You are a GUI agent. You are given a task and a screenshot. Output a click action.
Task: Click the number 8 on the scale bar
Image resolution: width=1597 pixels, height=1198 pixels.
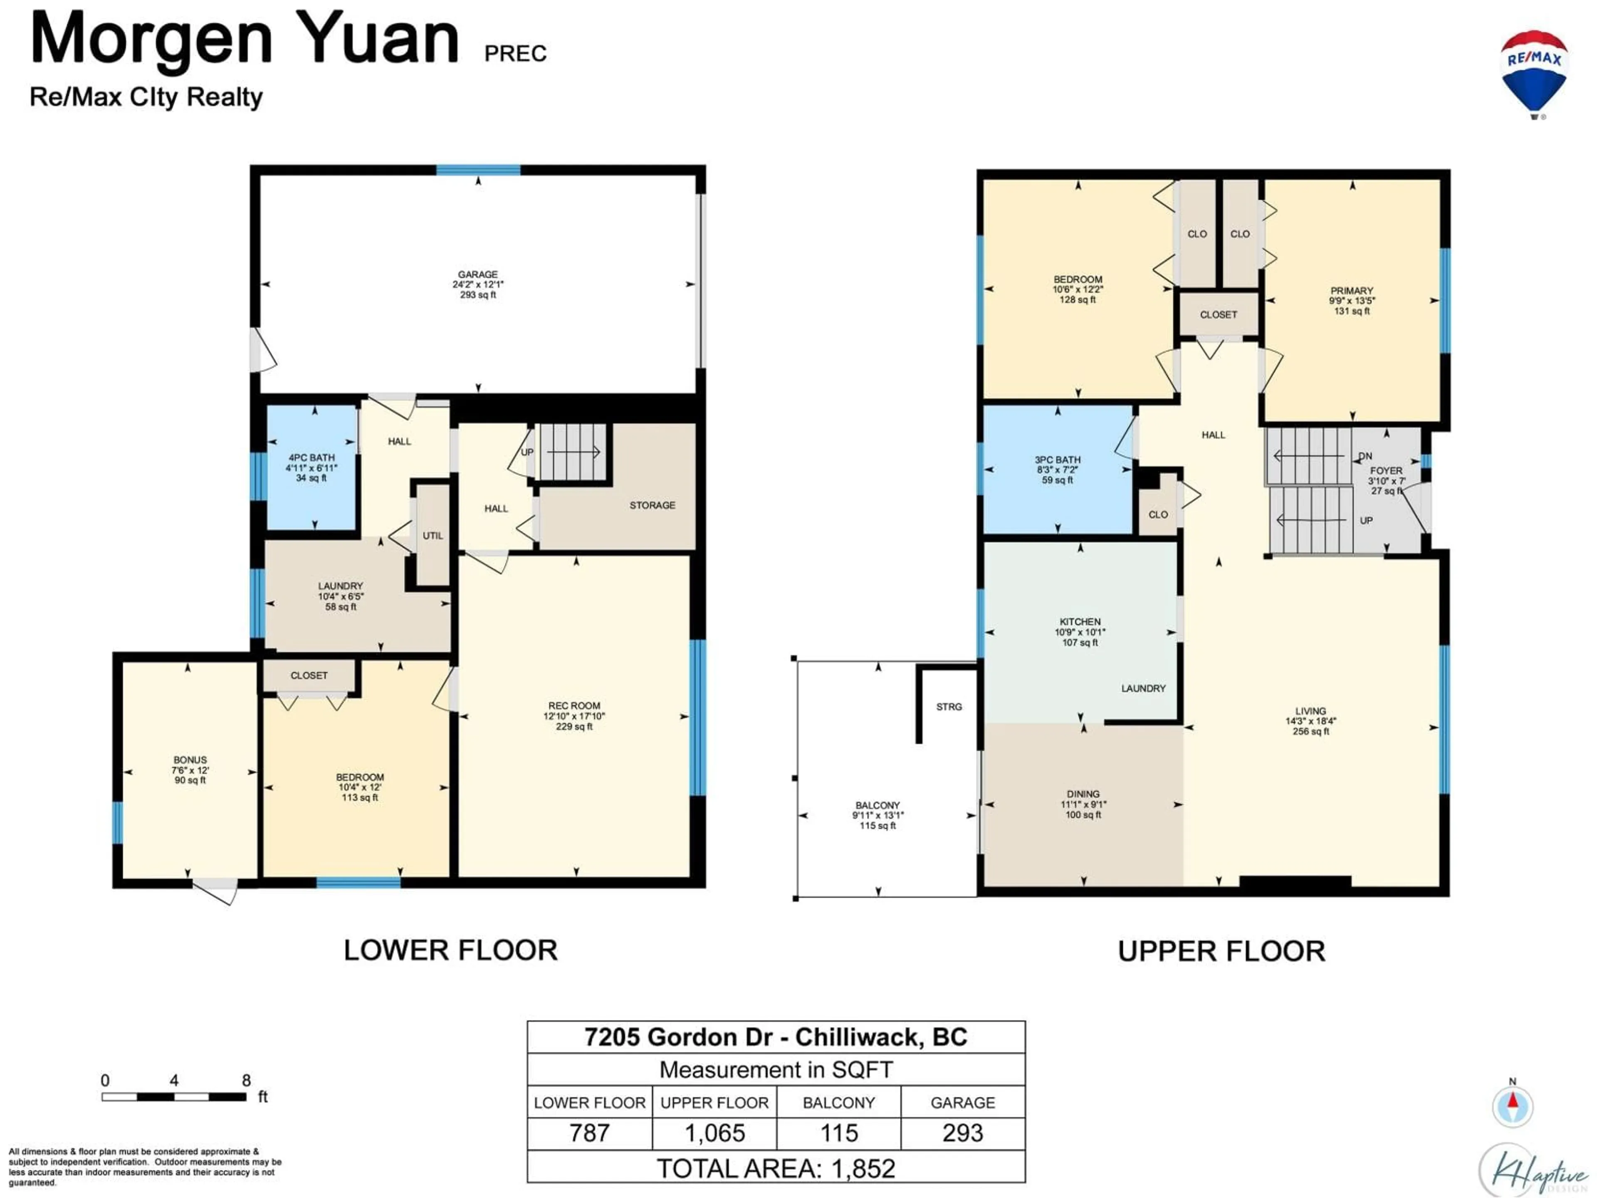(246, 1080)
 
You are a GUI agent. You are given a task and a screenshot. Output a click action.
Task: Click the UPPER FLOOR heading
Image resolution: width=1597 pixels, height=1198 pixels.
(1221, 951)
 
